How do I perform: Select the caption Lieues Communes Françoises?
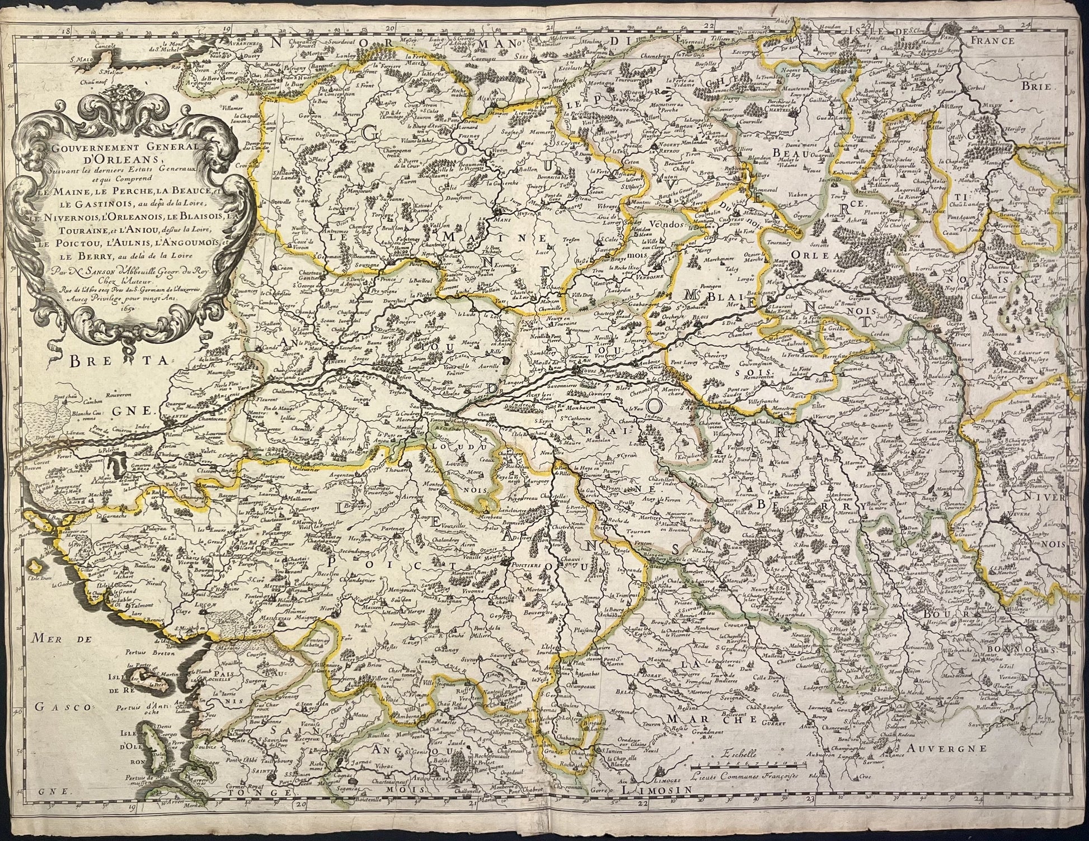[x=749, y=776]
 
